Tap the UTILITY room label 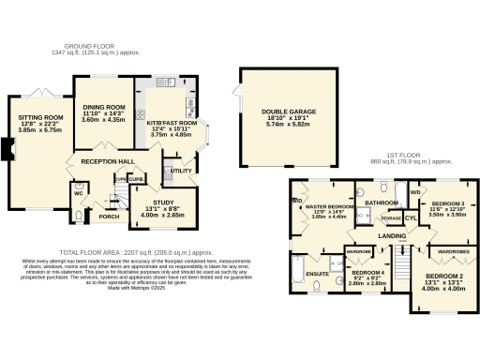tap(181, 171)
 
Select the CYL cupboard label tap(410, 217)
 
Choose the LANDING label tap(391, 235)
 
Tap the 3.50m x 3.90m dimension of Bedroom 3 tap(447, 214)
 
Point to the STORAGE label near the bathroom tap(391, 217)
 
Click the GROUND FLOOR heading tap(89, 46)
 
